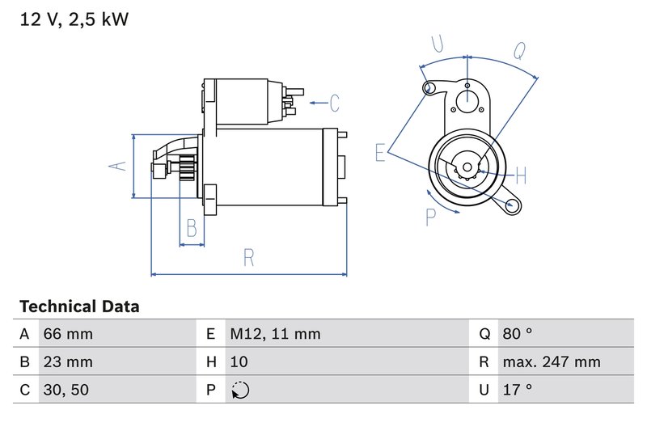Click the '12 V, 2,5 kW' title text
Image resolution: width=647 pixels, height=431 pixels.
pyautogui.click(x=74, y=19)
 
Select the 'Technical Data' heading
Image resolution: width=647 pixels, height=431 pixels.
pyautogui.click(x=79, y=307)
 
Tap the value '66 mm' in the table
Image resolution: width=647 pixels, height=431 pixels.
pyautogui.click(x=68, y=334)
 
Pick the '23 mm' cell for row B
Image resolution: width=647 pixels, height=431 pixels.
pyautogui.click(x=68, y=361)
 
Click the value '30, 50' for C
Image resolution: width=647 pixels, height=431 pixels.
pyautogui.click(x=66, y=390)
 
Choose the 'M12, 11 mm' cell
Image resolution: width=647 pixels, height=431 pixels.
pyautogui.click(x=275, y=334)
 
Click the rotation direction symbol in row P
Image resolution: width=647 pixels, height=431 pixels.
pyautogui.click(x=240, y=390)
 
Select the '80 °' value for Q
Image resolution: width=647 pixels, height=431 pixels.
pyautogui.click(x=517, y=334)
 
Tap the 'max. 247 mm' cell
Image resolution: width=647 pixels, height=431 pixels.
pyautogui.click(x=551, y=361)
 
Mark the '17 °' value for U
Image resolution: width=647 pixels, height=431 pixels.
pyautogui.click(x=517, y=390)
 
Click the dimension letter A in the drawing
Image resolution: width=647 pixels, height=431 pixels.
pyautogui.click(x=118, y=165)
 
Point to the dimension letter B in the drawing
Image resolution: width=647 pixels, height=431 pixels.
pyautogui.click(x=191, y=228)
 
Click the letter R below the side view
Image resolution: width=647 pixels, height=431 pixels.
pyautogui.click(x=249, y=258)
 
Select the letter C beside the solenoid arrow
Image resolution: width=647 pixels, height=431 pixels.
pyautogui.click(x=334, y=103)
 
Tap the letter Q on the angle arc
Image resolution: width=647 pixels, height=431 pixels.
pyautogui.click(x=520, y=50)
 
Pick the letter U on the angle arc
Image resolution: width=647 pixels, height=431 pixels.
pyautogui.click(x=437, y=43)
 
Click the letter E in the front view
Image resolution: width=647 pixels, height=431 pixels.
pyautogui.click(x=380, y=153)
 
